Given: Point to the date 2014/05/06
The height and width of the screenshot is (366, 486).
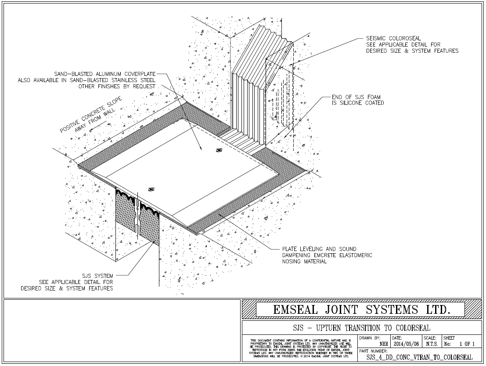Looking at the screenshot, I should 405,344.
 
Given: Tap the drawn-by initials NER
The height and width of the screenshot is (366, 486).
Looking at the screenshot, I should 383,344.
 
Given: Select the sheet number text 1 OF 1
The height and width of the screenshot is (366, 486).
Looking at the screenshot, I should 464,344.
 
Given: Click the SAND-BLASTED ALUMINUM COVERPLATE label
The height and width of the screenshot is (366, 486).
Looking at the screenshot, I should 104,74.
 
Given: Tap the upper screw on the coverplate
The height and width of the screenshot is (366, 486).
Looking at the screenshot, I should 219,151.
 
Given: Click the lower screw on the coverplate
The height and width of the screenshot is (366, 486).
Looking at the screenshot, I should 152,190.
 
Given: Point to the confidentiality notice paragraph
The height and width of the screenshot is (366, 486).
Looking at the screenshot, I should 301,348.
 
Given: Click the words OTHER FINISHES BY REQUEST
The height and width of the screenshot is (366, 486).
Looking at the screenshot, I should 116,86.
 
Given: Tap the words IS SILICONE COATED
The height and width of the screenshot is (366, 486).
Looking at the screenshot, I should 358,103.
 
